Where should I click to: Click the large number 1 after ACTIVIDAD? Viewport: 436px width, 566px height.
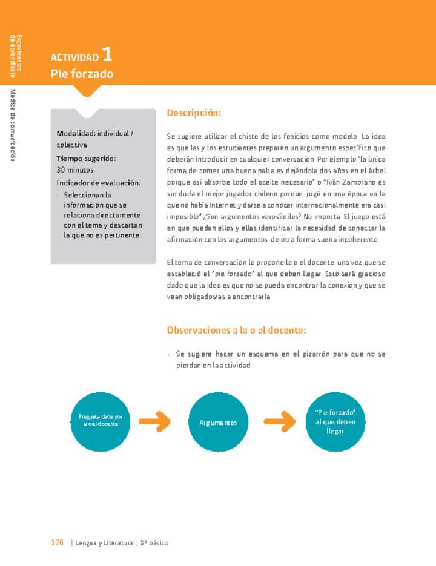click(107, 55)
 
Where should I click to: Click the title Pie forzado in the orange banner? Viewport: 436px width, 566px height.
click(82, 74)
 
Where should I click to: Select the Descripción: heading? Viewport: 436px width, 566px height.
click(194, 113)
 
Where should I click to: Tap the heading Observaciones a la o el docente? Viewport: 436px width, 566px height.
click(236, 330)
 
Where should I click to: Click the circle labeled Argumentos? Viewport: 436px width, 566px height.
click(219, 423)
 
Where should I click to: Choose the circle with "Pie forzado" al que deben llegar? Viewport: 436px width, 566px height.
click(335, 421)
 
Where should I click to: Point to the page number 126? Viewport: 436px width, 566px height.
click(57, 543)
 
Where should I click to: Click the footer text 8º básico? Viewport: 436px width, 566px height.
click(155, 543)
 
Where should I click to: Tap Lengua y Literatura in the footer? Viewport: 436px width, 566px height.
click(104, 543)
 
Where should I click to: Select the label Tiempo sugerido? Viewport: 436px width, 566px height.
click(86, 159)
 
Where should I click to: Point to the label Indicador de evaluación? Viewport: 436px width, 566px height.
click(99, 183)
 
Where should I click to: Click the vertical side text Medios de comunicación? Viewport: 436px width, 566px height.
click(13, 125)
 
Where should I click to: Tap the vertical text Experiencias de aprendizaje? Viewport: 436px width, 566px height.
click(15, 56)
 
